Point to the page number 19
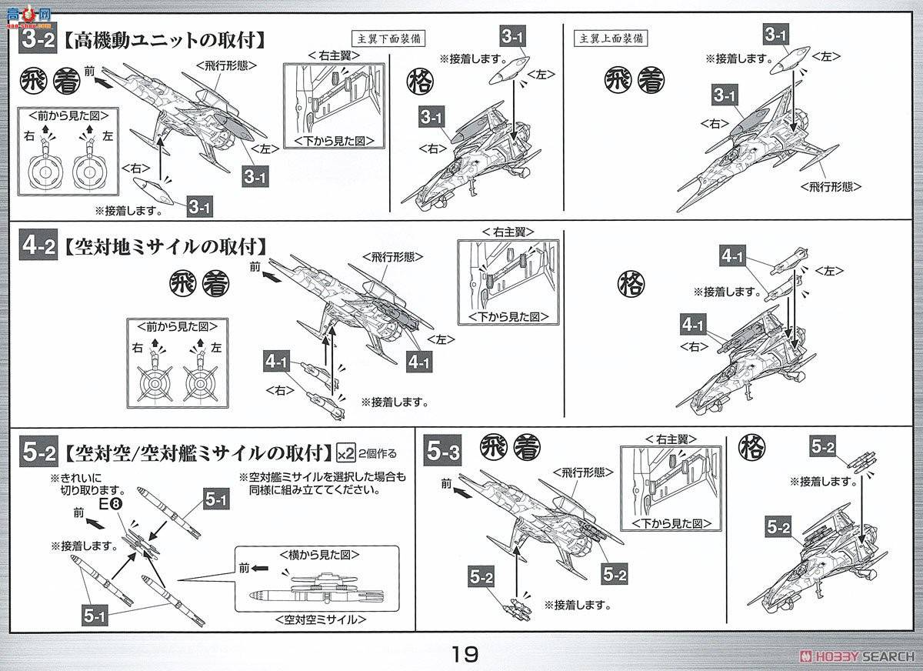tap(465, 654)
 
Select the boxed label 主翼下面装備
tap(389, 37)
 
